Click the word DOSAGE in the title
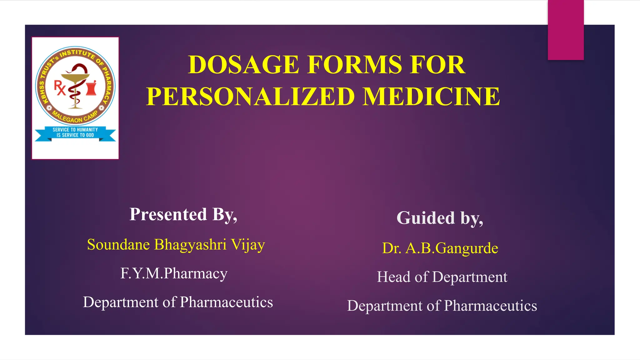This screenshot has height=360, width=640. [x=244, y=65]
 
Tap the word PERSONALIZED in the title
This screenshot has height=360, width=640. [x=250, y=97]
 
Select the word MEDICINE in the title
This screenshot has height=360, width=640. [x=431, y=97]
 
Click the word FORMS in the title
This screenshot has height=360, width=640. [x=354, y=65]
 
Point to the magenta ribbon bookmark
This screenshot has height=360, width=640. [x=566, y=30]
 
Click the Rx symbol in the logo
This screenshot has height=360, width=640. [x=60, y=87]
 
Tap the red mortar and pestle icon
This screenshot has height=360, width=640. [x=92, y=87]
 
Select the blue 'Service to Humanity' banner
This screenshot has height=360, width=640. [x=75, y=132]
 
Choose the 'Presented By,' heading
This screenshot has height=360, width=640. [x=183, y=215]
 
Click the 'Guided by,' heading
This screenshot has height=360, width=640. [x=440, y=218]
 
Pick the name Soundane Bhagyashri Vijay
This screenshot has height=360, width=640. [x=176, y=244]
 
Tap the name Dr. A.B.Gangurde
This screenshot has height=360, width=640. [x=440, y=248]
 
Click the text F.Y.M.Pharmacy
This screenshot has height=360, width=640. [x=174, y=273]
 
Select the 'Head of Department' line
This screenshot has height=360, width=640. [x=442, y=277]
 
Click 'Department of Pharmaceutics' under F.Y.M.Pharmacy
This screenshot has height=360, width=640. [x=178, y=302]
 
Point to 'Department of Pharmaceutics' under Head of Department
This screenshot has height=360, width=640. [x=442, y=306]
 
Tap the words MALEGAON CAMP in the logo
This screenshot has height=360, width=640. [x=75, y=117]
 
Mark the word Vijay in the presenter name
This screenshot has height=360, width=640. [x=248, y=245]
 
